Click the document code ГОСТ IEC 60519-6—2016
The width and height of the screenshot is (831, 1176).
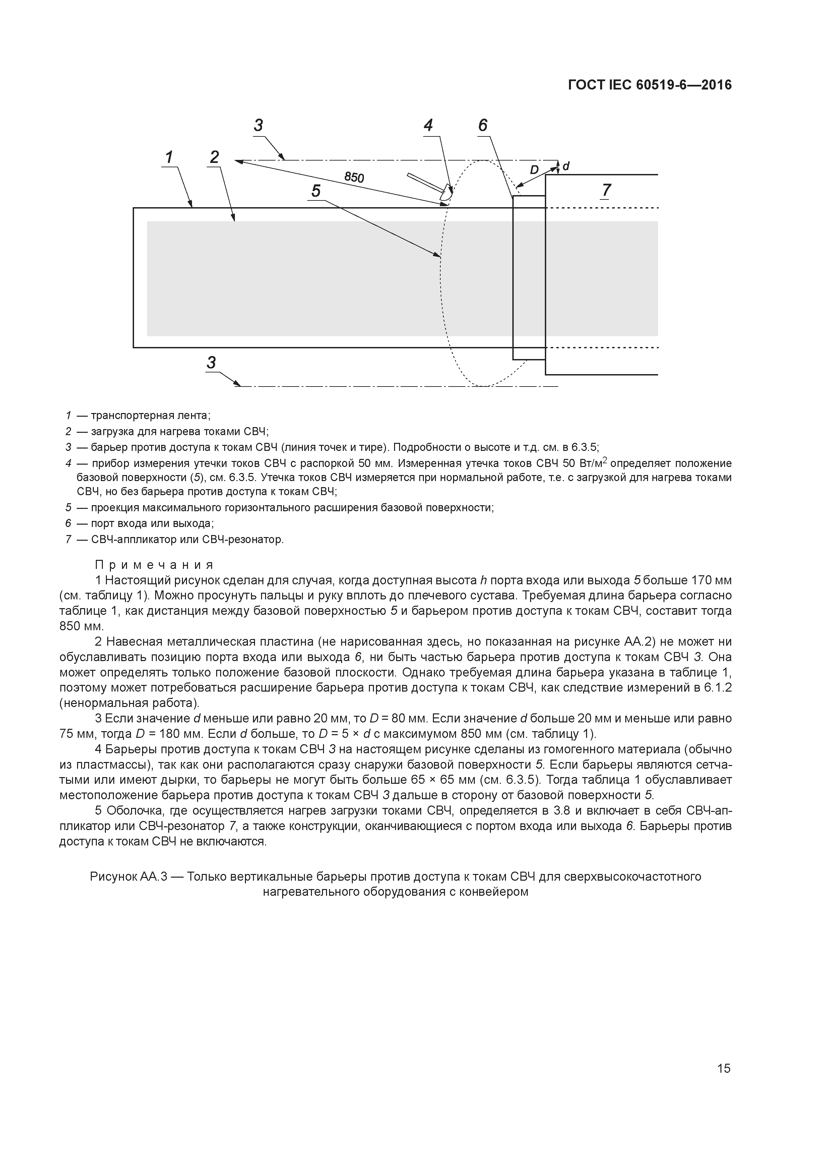pos(650,85)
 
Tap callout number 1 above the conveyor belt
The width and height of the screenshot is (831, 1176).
pos(169,157)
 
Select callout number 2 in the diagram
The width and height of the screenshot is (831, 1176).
pos(214,157)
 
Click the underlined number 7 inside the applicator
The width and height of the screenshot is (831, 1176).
pos(606,190)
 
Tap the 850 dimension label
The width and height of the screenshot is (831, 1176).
pos(354,177)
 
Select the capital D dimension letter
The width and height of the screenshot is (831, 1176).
pos(534,170)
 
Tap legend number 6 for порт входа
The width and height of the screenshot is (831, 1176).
pos(68,523)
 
